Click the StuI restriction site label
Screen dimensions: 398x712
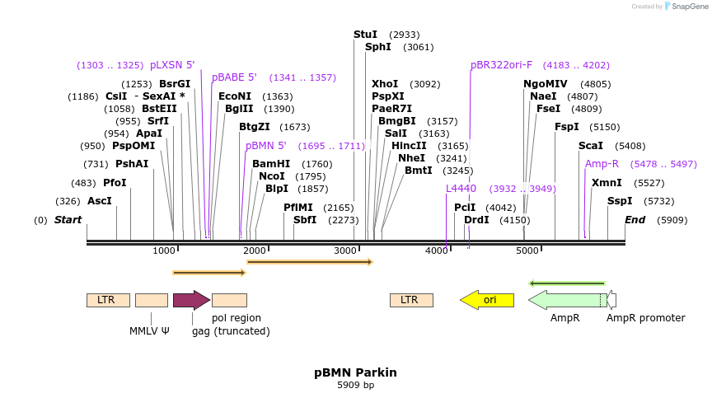365,35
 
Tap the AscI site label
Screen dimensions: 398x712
99,201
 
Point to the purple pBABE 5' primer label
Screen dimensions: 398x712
234,77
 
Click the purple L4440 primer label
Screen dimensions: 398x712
461,189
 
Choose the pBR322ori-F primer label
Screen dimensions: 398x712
501,65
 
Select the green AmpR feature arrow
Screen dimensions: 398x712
567,300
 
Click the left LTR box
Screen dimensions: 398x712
107,300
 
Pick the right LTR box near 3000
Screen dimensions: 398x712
410,300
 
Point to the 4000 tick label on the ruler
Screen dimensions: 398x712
435,251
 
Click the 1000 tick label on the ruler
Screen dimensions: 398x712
163,251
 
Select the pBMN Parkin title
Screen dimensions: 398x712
355,372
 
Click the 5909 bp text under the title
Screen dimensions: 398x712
355,385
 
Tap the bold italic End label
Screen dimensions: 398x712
635,220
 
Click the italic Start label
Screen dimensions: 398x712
68,220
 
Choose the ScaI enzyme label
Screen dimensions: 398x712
590,146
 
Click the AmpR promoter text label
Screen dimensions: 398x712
645,318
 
